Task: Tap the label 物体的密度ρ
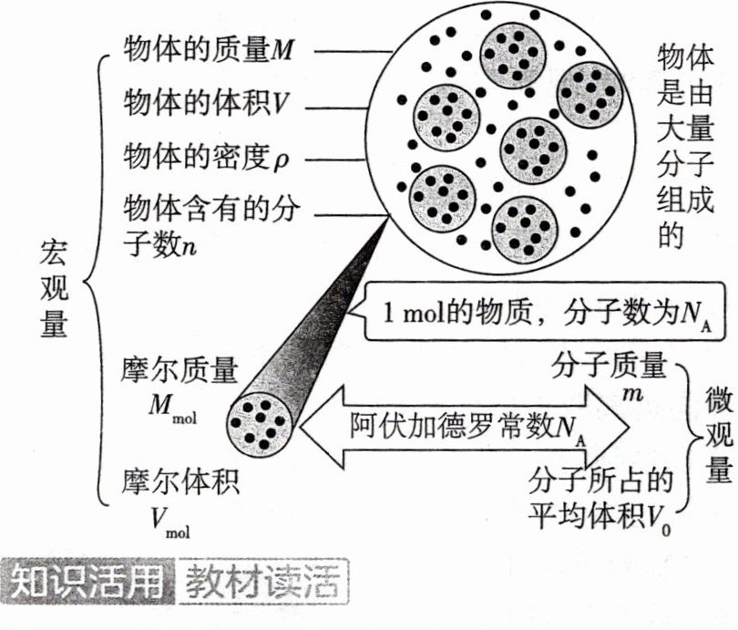(206, 158)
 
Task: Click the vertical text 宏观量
(55, 286)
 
